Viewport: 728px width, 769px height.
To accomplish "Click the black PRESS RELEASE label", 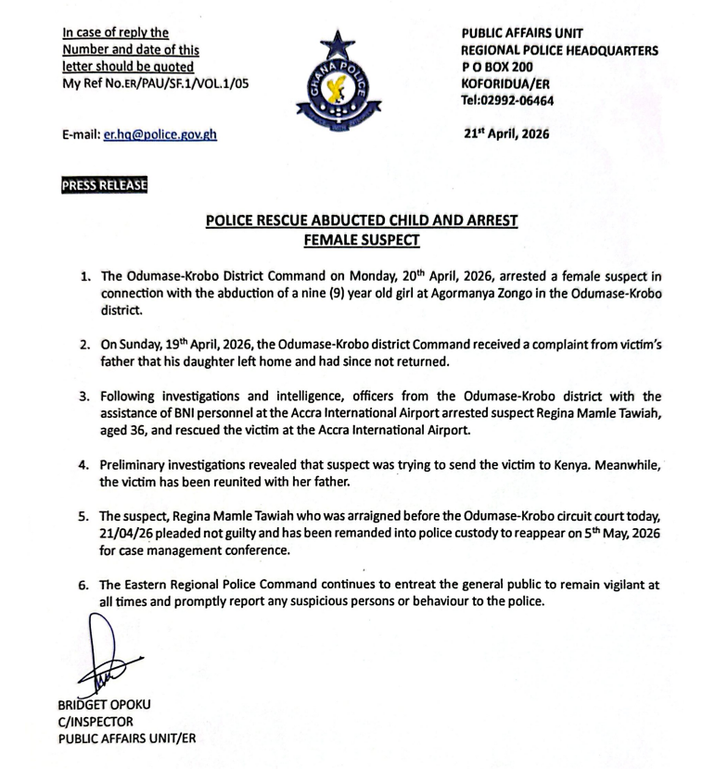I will pyautogui.click(x=104, y=185).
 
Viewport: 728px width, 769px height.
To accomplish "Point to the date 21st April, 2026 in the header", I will pyautogui.click(x=506, y=133).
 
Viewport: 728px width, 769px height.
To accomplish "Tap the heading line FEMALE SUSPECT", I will pyautogui.click(x=363, y=240).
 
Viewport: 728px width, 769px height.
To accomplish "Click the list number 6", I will pyautogui.click(x=83, y=585).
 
